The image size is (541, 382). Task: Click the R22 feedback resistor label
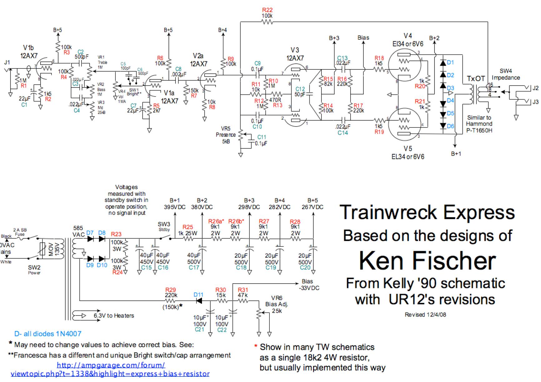tap(267, 10)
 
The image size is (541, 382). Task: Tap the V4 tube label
tap(408, 36)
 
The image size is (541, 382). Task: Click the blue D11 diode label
tap(199, 294)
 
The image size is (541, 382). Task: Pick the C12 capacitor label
tap(300, 89)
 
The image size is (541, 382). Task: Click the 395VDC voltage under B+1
tap(175, 207)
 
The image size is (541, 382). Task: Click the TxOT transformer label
tap(475, 79)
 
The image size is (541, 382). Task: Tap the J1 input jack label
tap(7, 63)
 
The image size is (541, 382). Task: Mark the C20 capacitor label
tap(305, 268)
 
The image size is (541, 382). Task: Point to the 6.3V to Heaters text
tap(114, 316)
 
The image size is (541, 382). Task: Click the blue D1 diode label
tap(450, 62)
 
